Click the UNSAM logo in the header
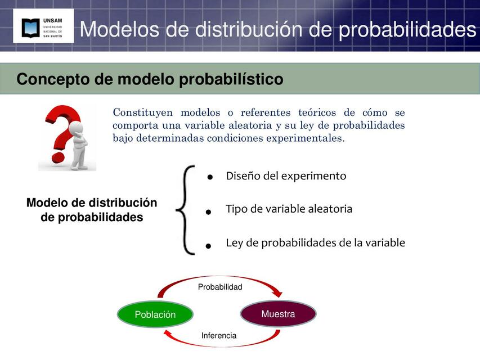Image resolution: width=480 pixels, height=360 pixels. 43,27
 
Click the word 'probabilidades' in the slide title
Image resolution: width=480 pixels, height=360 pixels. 407,29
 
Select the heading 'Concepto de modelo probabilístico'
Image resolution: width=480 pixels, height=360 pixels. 150,79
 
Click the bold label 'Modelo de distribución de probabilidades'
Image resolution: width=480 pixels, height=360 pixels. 92,210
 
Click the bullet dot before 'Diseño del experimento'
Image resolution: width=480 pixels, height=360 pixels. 209,177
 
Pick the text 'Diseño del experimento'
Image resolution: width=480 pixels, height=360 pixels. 286,176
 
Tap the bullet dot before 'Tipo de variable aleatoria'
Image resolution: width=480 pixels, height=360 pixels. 208,212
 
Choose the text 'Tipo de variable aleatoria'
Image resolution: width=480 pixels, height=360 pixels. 289,209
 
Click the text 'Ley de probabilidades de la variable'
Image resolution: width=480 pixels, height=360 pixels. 315,243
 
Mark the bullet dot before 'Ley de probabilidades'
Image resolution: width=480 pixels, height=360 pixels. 208,246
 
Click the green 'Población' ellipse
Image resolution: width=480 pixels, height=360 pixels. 155,314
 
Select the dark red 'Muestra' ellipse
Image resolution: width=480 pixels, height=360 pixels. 278,314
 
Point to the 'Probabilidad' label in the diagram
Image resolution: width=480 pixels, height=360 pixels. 220,287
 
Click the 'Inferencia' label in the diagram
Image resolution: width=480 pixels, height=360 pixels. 219,336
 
